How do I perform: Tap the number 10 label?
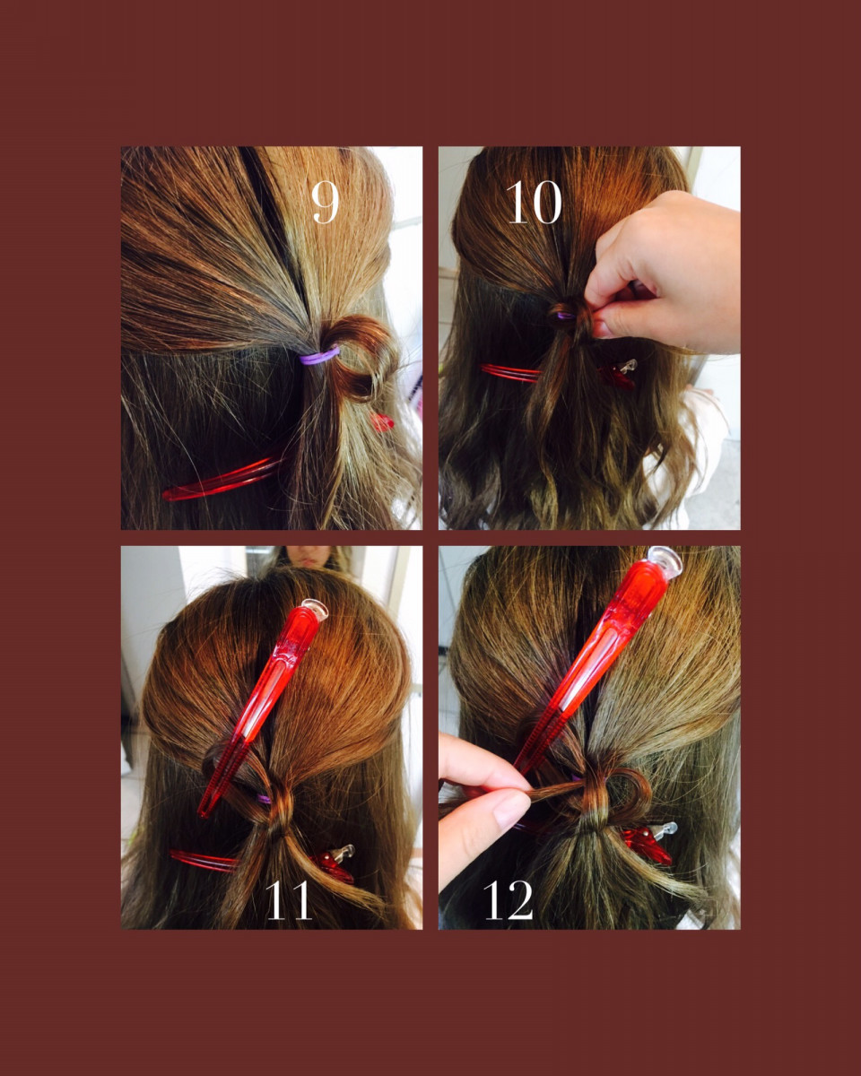click(x=534, y=202)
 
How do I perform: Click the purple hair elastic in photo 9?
click(x=318, y=357)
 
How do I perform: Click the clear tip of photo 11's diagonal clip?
click(x=315, y=609)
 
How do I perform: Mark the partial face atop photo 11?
click(x=310, y=557)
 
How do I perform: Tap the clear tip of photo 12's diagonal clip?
click(x=665, y=561)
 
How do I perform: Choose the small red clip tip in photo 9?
click(x=382, y=422)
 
